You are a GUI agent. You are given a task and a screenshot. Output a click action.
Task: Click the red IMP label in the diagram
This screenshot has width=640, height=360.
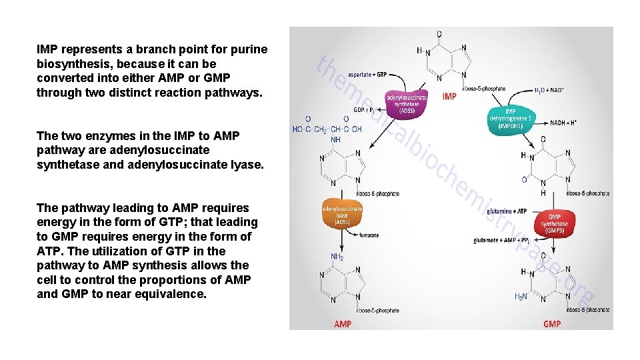[449, 96]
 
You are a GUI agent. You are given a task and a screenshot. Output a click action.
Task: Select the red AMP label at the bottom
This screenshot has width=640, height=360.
[343, 324]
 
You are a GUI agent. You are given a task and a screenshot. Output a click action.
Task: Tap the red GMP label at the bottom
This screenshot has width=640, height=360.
[552, 324]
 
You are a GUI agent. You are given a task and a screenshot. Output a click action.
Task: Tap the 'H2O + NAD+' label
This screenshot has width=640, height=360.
[549, 89]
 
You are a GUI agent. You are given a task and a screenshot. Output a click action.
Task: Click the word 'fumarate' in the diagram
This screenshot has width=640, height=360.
[369, 235]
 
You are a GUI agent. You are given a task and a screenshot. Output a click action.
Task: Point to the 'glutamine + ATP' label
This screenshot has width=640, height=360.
[506, 211]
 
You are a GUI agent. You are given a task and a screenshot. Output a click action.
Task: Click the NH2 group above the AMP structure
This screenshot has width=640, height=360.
[337, 257]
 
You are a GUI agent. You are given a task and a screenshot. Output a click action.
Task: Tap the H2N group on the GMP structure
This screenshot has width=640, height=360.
[521, 297]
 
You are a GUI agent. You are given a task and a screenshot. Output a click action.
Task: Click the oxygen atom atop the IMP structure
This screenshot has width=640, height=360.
[439, 34]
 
